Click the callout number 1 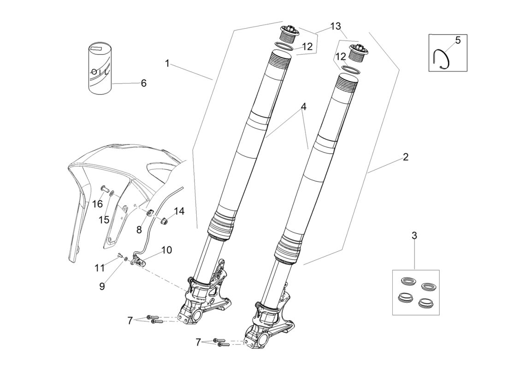point(167,63)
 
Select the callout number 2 point(405,157)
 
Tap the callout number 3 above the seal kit point(414,236)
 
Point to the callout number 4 point(303,107)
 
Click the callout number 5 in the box point(458,40)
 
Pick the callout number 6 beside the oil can point(143,83)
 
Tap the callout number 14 point(179,212)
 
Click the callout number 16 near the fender point(97,204)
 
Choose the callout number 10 point(166,250)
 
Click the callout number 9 point(102,286)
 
